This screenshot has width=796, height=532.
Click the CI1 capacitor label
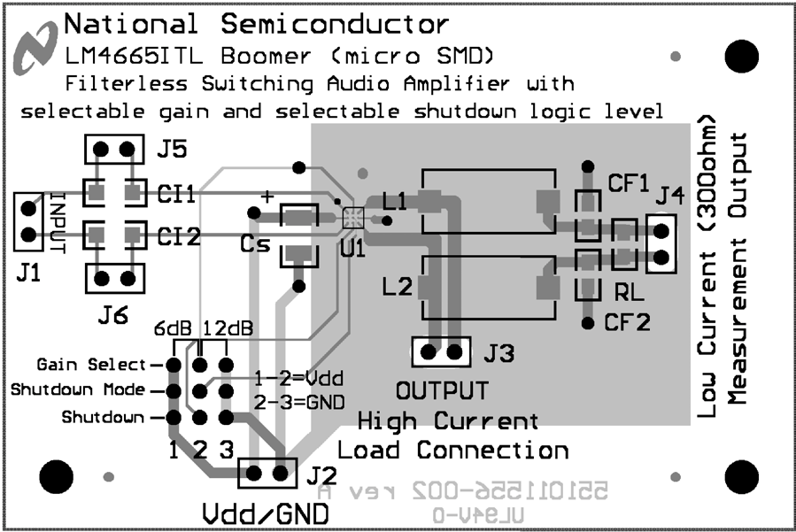tap(178, 192)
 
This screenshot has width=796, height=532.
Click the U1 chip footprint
tap(352, 215)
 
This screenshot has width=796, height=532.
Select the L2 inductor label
tap(397, 287)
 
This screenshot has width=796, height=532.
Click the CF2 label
tap(629, 321)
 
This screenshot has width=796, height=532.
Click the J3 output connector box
tap(441, 352)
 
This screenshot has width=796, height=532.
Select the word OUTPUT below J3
tap(441, 391)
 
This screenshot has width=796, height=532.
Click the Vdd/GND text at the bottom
tap(265, 514)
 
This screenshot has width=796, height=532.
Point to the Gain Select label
tap(91, 365)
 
